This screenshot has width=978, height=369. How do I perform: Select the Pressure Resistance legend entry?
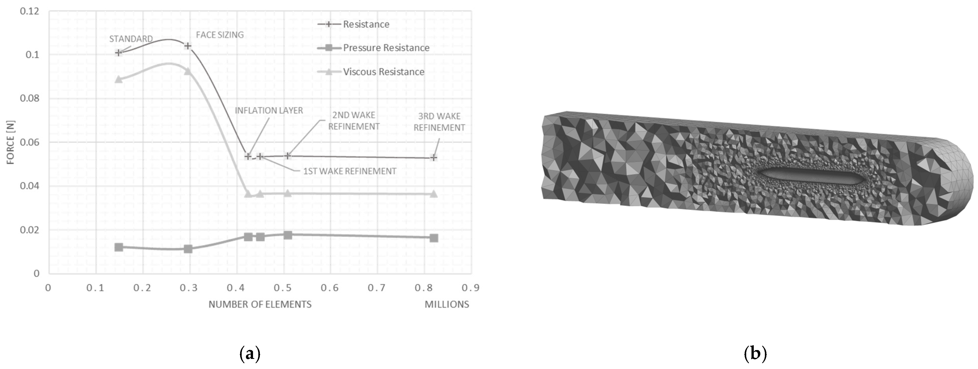pyautogui.click(x=373, y=48)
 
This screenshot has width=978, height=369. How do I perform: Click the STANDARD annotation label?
pyautogui.click(x=131, y=39)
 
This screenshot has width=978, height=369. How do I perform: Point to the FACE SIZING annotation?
pyautogui.click(x=220, y=35)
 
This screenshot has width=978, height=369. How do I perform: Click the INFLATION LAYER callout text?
pyautogui.click(x=269, y=111)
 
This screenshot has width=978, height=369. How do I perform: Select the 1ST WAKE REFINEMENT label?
pyautogui.click(x=350, y=171)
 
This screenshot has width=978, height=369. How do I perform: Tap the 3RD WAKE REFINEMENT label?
pyautogui.click(x=439, y=122)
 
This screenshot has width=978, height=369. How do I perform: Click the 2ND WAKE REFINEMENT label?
pyautogui.click(x=354, y=121)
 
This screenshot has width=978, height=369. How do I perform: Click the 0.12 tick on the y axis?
pyautogui.click(x=30, y=11)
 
